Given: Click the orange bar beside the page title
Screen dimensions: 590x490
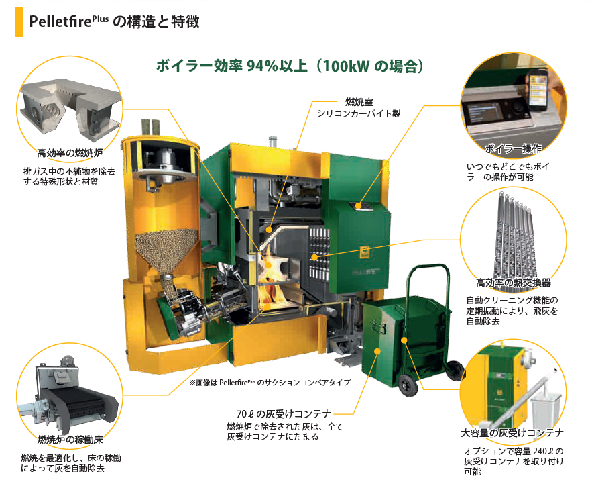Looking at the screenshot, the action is pos(19,22).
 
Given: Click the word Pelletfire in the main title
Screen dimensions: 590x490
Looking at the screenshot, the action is pos(60,21).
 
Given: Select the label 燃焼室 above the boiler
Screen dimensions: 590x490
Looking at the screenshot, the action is pos(359,101).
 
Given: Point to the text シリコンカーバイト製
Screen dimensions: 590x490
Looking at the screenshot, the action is pos(359,113).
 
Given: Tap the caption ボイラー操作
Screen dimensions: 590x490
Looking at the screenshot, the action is pos(514,149).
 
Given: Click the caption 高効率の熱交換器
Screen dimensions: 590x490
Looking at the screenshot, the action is pos(514,282).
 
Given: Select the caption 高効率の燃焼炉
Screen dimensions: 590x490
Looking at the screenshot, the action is pos(70,153).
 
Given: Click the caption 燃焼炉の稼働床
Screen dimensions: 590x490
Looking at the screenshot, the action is pos(70,439).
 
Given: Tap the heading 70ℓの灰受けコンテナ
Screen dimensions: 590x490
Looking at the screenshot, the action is pos(284,414).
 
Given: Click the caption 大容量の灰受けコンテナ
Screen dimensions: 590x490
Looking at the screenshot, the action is pos(512,433).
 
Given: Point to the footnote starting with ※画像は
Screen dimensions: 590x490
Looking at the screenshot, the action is pos(270,383).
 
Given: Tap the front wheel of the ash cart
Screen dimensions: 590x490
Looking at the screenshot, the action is pos(407,385).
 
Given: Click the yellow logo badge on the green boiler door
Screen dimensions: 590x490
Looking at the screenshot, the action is pos(365,252).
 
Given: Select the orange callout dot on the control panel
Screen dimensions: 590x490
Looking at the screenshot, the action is pos(359,205).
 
